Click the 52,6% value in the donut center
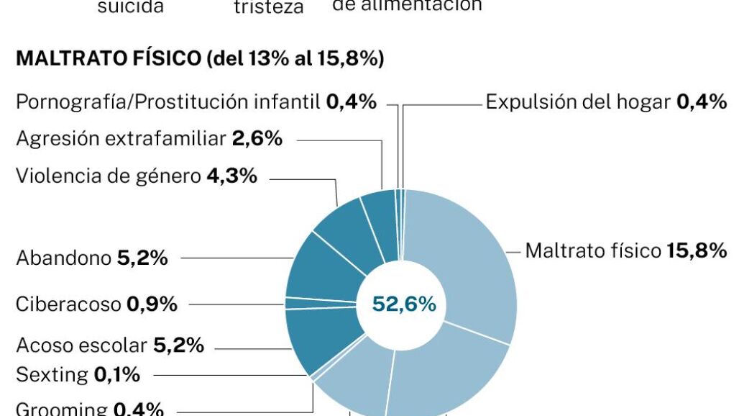click(x=403, y=304)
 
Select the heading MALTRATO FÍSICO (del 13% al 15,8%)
click(x=199, y=59)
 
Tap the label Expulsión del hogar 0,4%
click(x=606, y=101)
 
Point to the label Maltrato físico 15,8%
click(x=625, y=250)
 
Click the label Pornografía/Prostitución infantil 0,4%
click(x=196, y=102)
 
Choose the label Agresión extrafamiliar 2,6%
click(x=149, y=139)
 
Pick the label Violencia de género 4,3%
click(x=137, y=176)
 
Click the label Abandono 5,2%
click(x=92, y=258)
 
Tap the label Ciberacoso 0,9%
click(x=96, y=304)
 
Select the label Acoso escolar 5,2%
click(x=110, y=345)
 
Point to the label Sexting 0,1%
click(x=78, y=375)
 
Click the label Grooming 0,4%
click(x=90, y=409)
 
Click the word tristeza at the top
click(x=269, y=7)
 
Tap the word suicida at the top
click(x=130, y=7)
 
